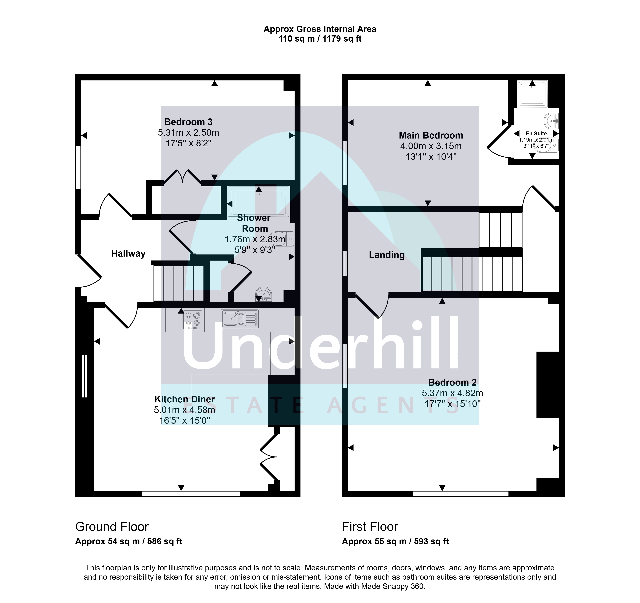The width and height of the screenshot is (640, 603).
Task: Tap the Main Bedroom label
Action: tap(431, 135)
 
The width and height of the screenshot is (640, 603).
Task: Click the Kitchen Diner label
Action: tap(184, 399)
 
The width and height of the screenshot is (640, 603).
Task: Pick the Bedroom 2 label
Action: tap(452, 383)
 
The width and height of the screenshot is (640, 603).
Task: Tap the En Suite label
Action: tap(536, 134)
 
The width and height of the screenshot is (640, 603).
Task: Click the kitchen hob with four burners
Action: tap(193, 320)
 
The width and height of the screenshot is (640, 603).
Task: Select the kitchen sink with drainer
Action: tap(240, 319)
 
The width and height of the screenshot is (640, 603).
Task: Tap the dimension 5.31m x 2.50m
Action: tap(188, 133)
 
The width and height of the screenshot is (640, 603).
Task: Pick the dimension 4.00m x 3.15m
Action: tap(431, 146)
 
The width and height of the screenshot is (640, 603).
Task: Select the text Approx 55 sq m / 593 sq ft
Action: tap(395, 542)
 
